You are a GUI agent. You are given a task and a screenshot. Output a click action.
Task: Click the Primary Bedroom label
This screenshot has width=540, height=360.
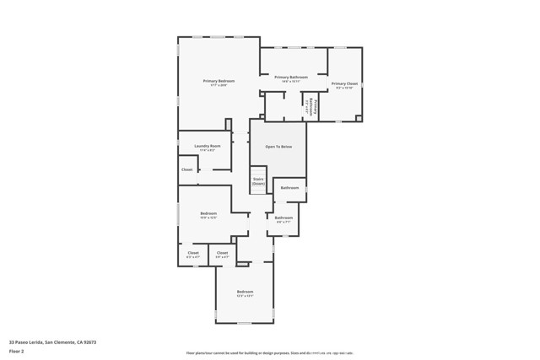[x=219, y=82]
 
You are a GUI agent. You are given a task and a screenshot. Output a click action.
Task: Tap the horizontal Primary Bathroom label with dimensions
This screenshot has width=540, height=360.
[x=291, y=78]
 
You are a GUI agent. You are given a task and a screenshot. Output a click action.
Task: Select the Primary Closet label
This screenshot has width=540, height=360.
[x=344, y=85]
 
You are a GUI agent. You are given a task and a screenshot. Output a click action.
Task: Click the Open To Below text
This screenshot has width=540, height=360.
[x=278, y=148]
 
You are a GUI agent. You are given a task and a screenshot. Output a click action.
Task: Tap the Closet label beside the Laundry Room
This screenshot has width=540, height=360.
[x=186, y=169]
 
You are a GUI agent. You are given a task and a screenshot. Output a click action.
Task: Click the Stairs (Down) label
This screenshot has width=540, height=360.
[x=258, y=181]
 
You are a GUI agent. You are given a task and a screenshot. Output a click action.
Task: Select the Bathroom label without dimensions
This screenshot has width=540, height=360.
[x=289, y=188]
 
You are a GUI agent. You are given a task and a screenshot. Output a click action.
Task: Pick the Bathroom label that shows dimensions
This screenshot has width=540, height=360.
[x=283, y=219]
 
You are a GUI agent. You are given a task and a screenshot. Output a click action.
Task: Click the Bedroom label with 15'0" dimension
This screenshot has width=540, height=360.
[x=208, y=215]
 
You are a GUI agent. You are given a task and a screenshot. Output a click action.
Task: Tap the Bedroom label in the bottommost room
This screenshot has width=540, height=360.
[x=245, y=293]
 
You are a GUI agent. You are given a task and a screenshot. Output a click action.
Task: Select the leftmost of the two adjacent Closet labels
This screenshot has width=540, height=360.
[x=193, y=254]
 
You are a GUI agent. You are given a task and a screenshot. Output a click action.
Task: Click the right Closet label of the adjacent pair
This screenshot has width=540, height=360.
[x=222, y=254]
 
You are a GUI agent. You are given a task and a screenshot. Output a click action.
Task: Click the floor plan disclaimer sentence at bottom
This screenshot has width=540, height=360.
[x=269, y=353]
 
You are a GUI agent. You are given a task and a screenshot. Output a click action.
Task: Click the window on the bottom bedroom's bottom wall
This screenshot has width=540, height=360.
[x=245, y=323]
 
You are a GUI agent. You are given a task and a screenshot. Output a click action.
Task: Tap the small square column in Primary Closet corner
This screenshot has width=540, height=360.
[x=359, y=118]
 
